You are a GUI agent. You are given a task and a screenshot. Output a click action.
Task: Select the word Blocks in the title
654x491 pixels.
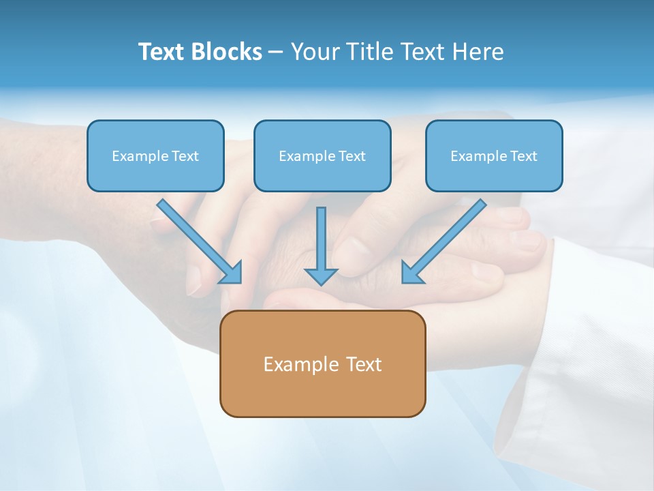(229, 52)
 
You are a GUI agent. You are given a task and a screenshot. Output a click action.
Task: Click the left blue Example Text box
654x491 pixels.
(155, 156)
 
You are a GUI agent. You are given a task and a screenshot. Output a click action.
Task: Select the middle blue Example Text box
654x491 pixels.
(322, 156)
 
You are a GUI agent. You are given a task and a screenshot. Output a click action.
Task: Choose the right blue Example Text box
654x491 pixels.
(494, 156)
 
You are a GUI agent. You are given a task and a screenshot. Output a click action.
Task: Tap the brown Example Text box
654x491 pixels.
(322, 364)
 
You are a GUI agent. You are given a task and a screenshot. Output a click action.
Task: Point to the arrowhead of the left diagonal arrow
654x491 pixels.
(231, 272)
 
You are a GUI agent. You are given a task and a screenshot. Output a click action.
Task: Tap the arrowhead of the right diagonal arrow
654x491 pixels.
(412, 272)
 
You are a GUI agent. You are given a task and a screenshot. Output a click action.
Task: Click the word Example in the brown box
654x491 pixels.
(292, 365)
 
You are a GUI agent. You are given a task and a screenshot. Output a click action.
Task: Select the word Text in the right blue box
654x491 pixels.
(524, 156)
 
